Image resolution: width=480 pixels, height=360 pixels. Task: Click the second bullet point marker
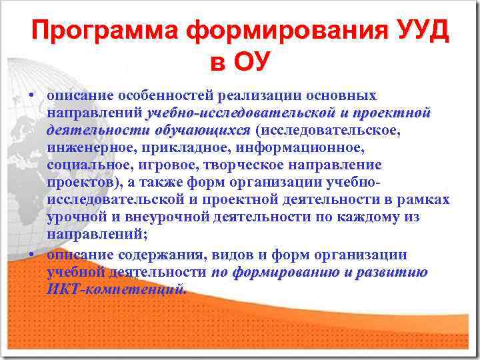click(32, 256)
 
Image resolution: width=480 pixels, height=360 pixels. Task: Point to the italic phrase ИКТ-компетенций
click(117, 290)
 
